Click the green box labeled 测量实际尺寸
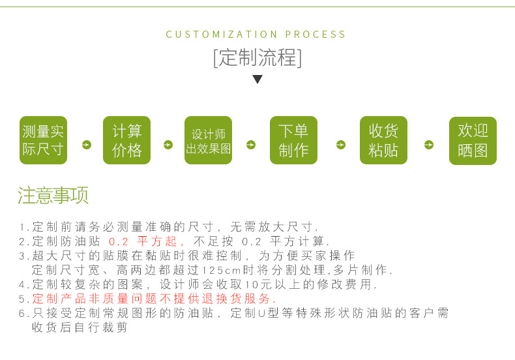tap(44, 140)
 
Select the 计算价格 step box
tap(126, 140)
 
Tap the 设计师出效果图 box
tap(208, 140)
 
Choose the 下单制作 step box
tap(293, 140)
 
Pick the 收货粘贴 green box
tap(383, 140)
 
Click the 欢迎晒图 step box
tap(473, 141)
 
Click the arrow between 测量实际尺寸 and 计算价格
tap(87, 145)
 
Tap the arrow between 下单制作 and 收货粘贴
tap(341, 145)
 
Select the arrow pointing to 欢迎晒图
tap(429, 145)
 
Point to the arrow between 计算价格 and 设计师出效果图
tap(168, 145)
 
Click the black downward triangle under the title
tap(257, 79)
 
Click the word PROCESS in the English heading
tap(316, 35)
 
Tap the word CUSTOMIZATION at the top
tap(222, 35)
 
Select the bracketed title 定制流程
tap(257, 58)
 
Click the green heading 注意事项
tap(53, 195)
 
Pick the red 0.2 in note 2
tap(118, 242)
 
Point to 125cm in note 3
tap(222, 271)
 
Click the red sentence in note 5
tap(154, 299)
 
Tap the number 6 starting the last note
tap(22, 313)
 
